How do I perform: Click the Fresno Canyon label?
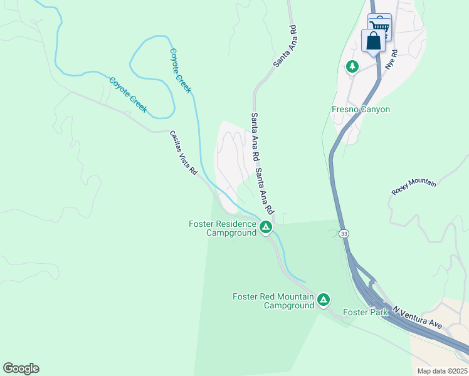coord(361,110)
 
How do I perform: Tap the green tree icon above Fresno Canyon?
coord(352,66)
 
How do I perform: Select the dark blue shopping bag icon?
coord(373,41)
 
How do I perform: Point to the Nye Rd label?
coord(391,60)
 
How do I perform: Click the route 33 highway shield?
coord(344,234)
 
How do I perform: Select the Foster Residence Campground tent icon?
coord(266,227)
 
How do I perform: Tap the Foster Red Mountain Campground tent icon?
coord(324,300)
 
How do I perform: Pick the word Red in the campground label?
coord(271,296)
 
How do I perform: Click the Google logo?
coord(21,368)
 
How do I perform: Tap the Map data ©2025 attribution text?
coord(442,371)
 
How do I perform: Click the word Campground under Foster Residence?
coord(232,232)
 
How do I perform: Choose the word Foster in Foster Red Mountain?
coord(246,296)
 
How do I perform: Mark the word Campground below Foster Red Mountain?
coord(288,306)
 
